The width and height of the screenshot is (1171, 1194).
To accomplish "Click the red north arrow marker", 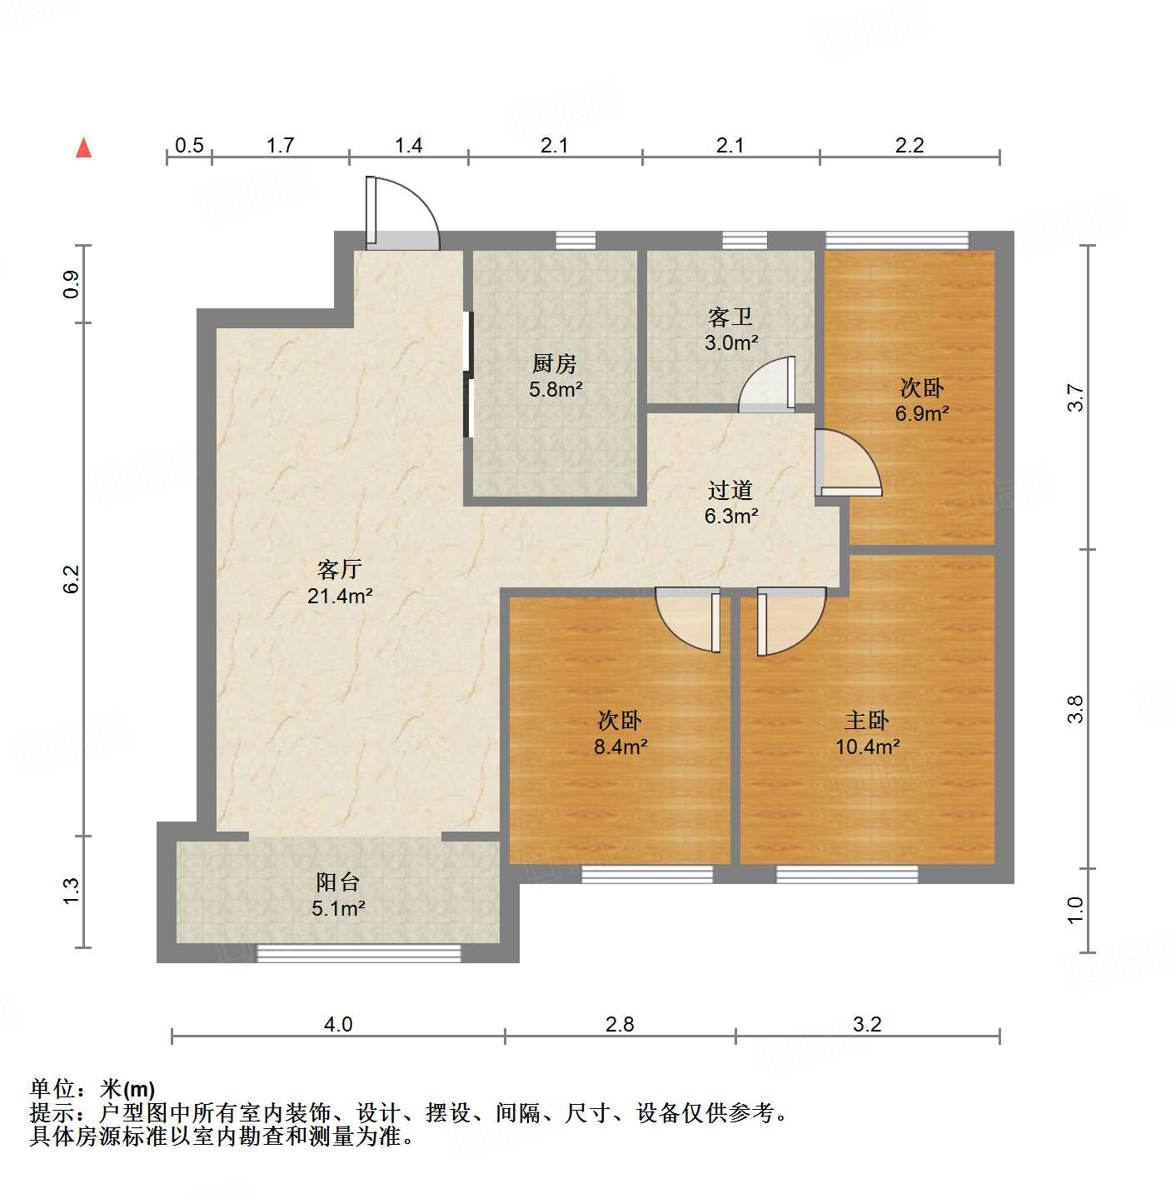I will pos(83,147).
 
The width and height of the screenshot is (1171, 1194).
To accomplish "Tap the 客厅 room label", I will pos(339,569).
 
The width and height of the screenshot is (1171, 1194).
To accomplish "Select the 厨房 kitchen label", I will pos(554,363).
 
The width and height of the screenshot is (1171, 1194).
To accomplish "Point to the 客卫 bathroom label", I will pos(730,317).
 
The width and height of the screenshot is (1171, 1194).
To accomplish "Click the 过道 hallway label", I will pos(730,490).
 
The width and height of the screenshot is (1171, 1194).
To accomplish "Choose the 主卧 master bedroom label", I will pos(867,720).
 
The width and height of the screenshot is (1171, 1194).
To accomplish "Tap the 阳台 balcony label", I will pos(337,882).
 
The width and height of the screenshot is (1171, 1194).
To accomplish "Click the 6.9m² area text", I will pos(922,413).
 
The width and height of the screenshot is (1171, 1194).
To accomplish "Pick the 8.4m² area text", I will pos(620,747).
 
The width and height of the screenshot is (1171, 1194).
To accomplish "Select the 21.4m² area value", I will pos(339,596).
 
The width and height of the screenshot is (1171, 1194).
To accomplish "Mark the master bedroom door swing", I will pos(790,621).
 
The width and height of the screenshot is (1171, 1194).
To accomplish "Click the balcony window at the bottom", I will pos(358,953).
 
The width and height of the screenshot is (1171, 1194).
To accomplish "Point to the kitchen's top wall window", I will pos(576,241).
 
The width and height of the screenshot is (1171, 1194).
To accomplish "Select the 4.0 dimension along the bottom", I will pos(338,1024).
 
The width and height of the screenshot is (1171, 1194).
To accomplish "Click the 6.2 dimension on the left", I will pos(72,579).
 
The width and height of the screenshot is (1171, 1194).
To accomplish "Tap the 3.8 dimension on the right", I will pos(1075,709).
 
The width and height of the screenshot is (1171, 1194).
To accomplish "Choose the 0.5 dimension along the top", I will pos(189,146).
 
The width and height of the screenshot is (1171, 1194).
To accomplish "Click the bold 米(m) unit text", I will pos(127,1088).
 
